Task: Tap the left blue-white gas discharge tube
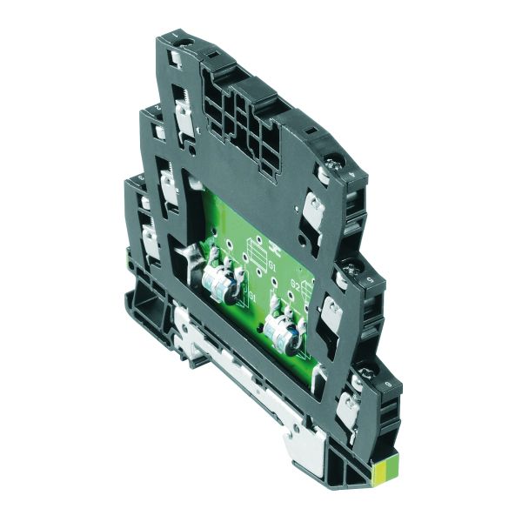pyautogui.click(x=219, y=287)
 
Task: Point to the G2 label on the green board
pyautogui.click(x=296, y=284)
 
